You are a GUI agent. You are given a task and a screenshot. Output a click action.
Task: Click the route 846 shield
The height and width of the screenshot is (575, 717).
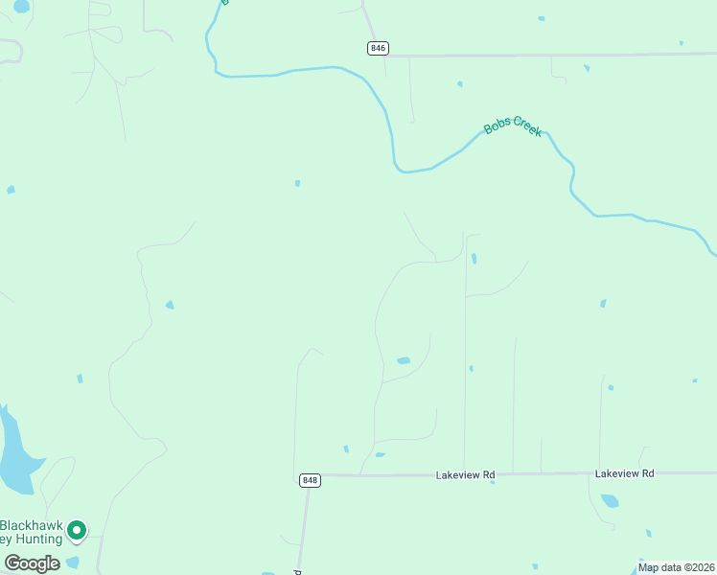click(378, 48)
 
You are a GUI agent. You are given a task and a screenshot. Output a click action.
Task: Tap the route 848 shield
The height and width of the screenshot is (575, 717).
click(309, 480)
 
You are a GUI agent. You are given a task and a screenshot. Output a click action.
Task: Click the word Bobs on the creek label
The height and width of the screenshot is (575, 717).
click(497, 126)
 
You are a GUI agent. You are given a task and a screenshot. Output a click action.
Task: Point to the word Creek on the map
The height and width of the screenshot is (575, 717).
click(528, 126)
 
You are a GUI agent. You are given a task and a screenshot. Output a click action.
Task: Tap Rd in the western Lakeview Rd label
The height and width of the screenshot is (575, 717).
click(489, 474)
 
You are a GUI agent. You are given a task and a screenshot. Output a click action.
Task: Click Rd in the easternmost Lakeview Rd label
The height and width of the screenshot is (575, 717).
click(648, 473)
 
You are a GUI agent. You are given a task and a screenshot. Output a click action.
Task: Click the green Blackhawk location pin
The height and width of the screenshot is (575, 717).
click(77, 529)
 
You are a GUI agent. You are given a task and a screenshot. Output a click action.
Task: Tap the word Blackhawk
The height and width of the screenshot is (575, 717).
click(32, 525)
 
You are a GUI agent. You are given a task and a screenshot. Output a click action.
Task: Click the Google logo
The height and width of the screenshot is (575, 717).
click(32, 563)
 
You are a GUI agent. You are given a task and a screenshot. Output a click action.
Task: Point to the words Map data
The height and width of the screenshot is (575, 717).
click(660, 567)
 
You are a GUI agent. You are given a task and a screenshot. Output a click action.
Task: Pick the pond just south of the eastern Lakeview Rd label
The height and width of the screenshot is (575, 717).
click(610, 500)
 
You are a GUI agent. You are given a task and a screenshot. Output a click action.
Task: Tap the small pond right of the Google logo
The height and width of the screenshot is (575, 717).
click(72, 563)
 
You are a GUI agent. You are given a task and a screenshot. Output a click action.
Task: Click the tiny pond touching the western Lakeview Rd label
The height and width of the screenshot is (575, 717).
click(492, 481)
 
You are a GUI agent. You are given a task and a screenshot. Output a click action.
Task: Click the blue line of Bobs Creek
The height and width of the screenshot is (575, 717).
click(288, 71)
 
